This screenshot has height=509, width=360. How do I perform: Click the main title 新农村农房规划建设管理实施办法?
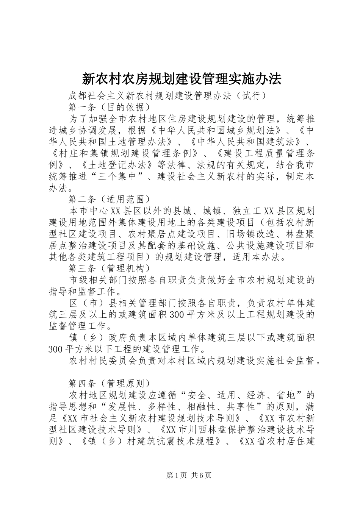(182, 78)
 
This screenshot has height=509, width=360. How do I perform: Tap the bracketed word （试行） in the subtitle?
(251, 96)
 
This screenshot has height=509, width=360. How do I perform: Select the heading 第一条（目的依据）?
(106, 107)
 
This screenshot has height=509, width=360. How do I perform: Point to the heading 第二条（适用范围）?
(106, 199)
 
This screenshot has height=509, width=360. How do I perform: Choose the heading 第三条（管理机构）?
(106, 269)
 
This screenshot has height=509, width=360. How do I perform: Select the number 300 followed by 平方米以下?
(56, 349)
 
